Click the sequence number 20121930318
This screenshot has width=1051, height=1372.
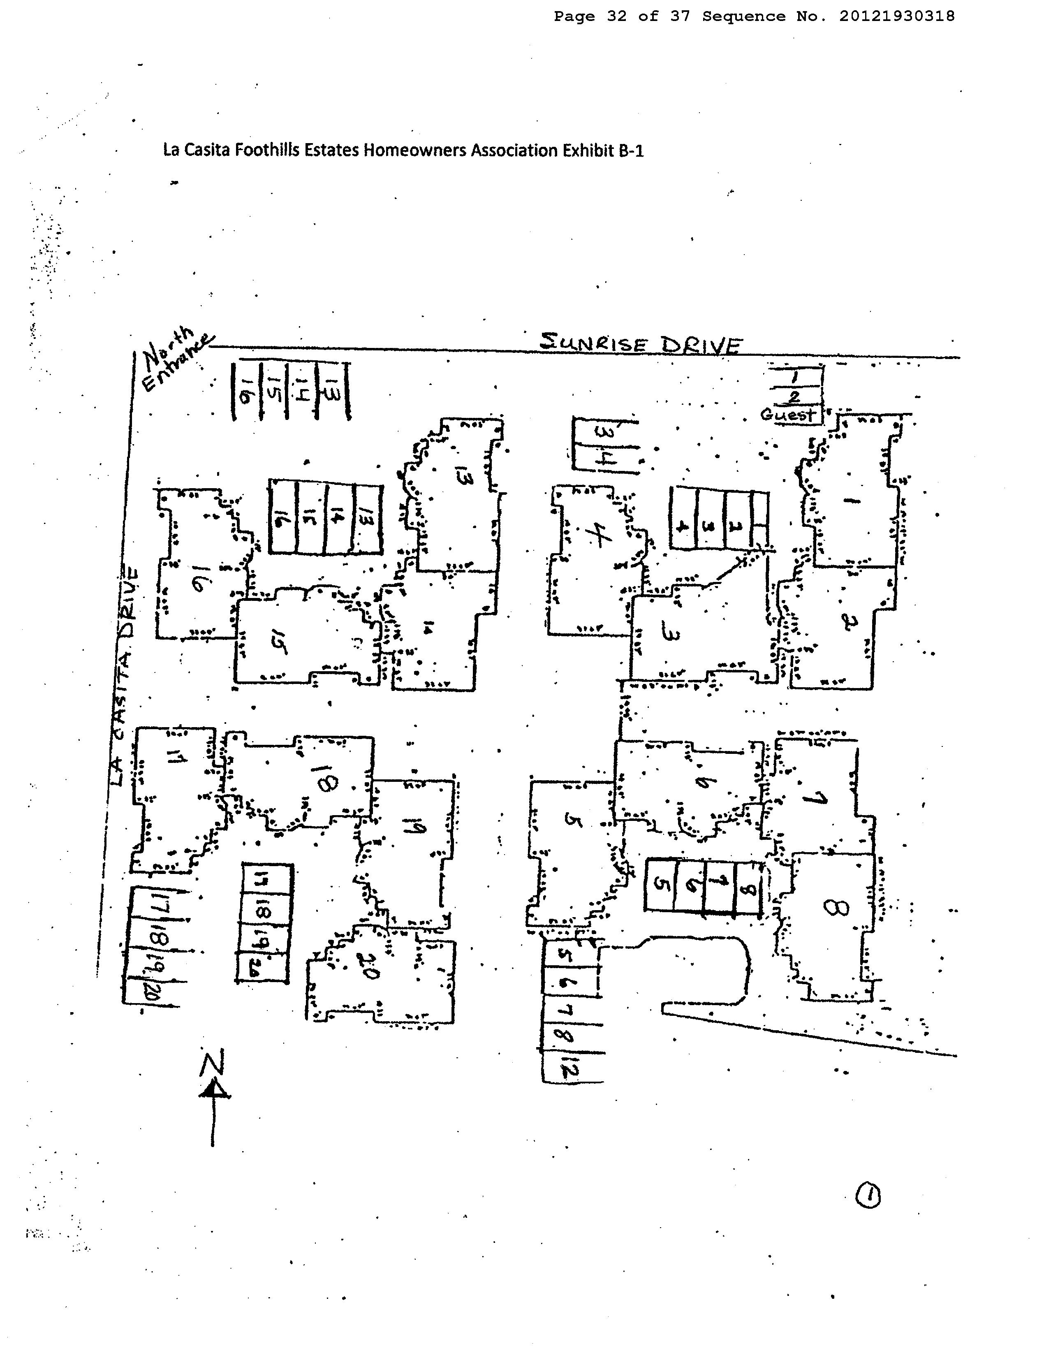pos(896,16)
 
